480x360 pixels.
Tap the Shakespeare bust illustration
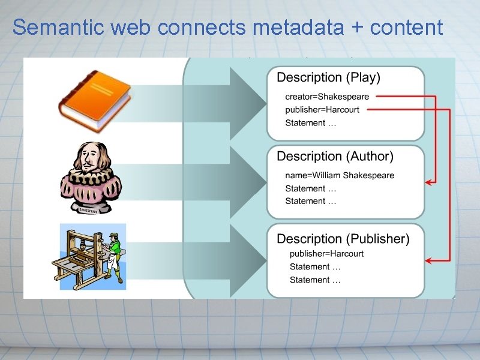point(91,178)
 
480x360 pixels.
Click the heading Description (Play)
point(328,77)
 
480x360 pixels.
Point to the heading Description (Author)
point(335,157)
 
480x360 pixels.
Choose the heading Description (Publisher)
point(343,239)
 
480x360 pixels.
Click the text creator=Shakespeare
point(327,97)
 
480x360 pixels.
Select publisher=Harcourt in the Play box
point(322,110)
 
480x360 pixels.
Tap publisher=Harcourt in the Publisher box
point(326,254)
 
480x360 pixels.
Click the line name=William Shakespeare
point(340,176)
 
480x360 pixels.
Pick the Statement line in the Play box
point(310,123)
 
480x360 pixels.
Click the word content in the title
point(407,28)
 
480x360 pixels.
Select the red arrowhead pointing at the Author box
point(430,182)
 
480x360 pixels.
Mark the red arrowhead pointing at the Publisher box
point(430,260)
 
